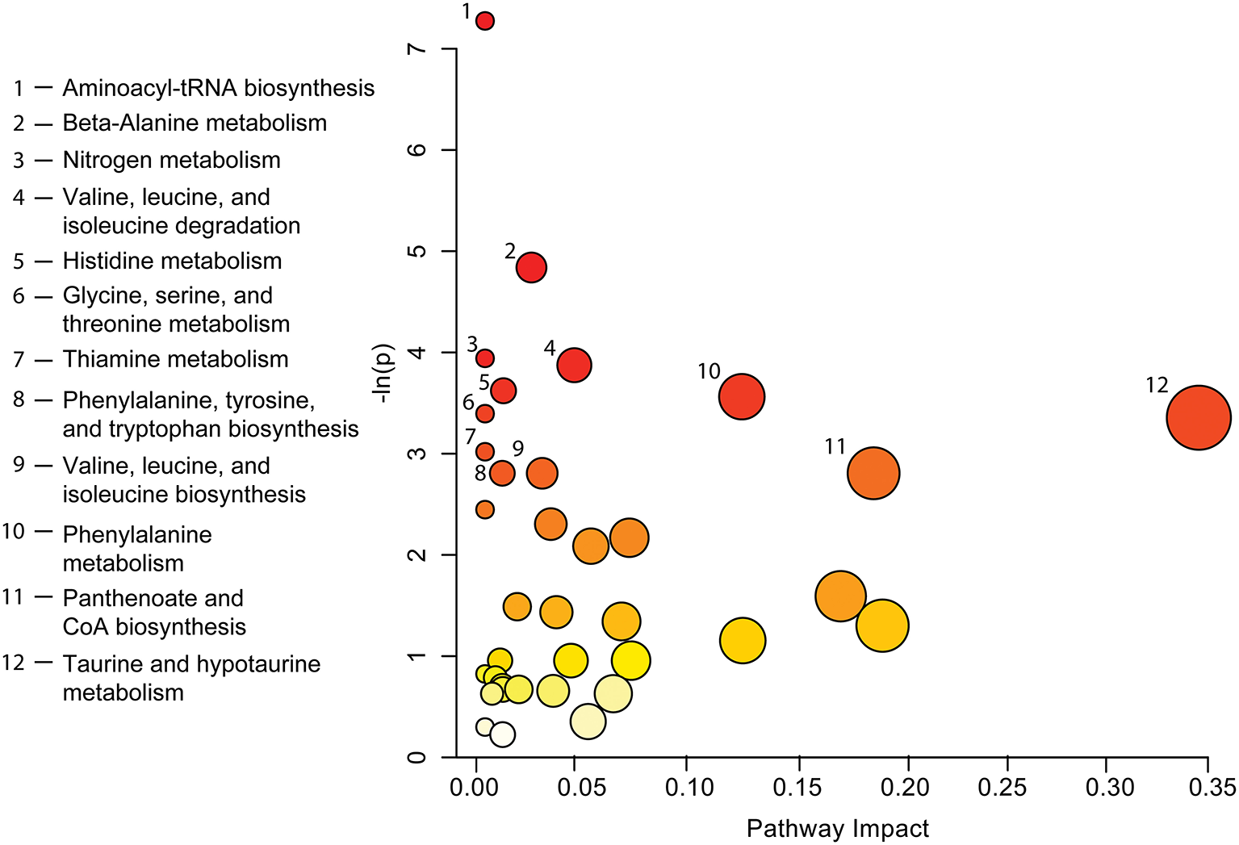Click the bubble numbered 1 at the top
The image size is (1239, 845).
(485, 21)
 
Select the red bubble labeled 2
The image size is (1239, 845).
(531, 267)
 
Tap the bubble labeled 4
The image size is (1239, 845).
(574, 366)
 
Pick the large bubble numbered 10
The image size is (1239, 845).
(742, 397)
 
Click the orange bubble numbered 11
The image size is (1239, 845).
(873, 473)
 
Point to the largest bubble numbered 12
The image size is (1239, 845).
(1199, 418)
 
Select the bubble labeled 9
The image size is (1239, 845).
(542, 473)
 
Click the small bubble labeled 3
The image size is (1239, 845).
(485, 358)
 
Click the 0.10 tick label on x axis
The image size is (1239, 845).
(687, 787)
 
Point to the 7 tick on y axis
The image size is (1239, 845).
(418, 49)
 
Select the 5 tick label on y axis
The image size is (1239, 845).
(418, 251)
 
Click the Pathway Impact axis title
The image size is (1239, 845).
(837, 829)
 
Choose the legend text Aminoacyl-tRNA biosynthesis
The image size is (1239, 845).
(218, 88)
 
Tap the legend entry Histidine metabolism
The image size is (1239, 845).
(172, 261)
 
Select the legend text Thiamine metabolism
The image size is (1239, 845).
(175, 359)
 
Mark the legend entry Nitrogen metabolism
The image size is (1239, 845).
(171, 160)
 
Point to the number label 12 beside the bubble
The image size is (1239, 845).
(1157, 386)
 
